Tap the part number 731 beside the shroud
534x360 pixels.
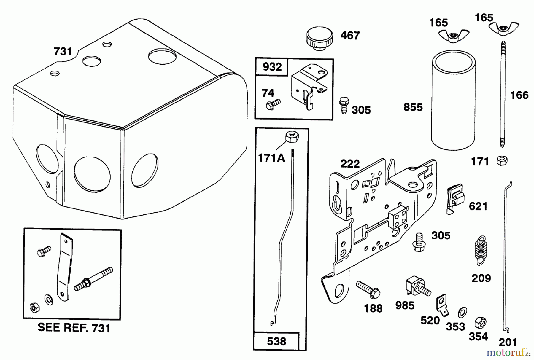pyautogui.click(x=63, y=52)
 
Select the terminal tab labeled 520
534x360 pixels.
pyautogui.click(x=442, y=304)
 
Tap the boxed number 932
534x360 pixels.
pyautogui.click(x=272, y=67)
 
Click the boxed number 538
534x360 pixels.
pyautogui.click(x=276, y=341)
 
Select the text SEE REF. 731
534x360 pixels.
pyautogui.click(x=74, y=328)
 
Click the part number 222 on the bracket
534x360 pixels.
pyautogui.click(x=350, y=164)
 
